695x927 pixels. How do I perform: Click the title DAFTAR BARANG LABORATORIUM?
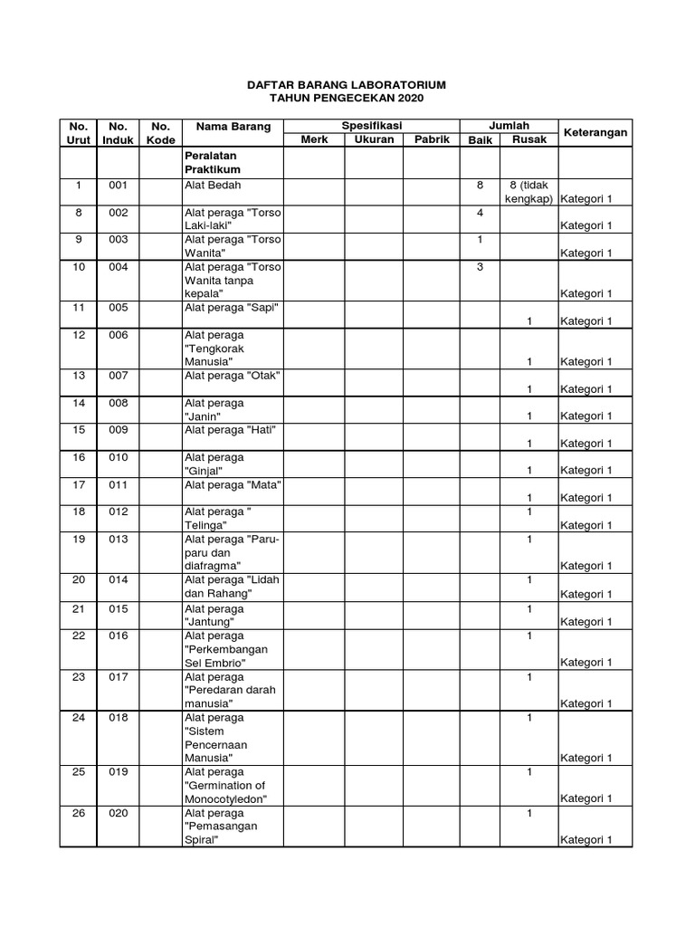click(x=347, y=84)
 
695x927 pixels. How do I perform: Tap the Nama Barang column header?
click(x=227, y=127)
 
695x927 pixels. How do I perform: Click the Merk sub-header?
click(x=314, y=139)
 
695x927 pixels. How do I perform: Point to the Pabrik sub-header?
click(x=432, y=139)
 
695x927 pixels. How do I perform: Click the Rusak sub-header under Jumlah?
click(x=529, y=139)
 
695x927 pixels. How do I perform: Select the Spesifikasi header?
click(x=371, y=126)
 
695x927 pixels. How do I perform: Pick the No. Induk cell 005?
click(x=119, y=308)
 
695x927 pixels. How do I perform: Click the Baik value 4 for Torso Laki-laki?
click(x=481, y=213)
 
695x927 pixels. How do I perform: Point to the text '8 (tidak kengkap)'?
click(x=528, y=192)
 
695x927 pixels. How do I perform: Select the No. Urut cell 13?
click(x=79, y=376)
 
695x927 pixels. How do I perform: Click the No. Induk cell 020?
click(x=119, y=813)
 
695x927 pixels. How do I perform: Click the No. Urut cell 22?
click(x=79, y=636)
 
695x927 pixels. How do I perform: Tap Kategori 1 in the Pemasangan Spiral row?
click(x=586, y=840)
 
